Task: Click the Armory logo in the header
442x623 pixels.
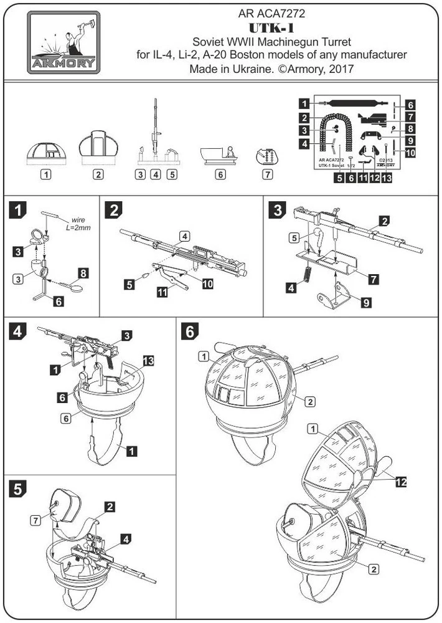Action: (x=63, y=42)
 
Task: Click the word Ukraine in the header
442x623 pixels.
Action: (x=248, y=69)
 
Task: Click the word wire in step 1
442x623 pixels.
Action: (x=78, y=220)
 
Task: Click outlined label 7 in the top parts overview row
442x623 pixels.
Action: (x=268, y=174)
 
